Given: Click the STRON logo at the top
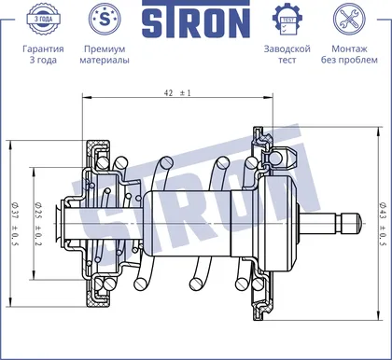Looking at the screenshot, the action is click(196, 20).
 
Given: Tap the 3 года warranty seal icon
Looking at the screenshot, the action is click(43, 19).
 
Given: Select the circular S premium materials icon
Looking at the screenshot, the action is click(105, 19).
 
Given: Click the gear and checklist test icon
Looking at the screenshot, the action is click(287, 20).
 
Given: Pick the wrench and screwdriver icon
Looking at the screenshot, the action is click(349, 19).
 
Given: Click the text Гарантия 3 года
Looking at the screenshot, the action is click(43, 54).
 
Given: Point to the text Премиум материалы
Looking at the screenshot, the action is click(105, 54).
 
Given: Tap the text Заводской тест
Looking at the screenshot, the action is click(287, 54).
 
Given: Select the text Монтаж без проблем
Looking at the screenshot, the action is click(349, 54).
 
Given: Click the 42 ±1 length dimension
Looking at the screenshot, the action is click(177, 92).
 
